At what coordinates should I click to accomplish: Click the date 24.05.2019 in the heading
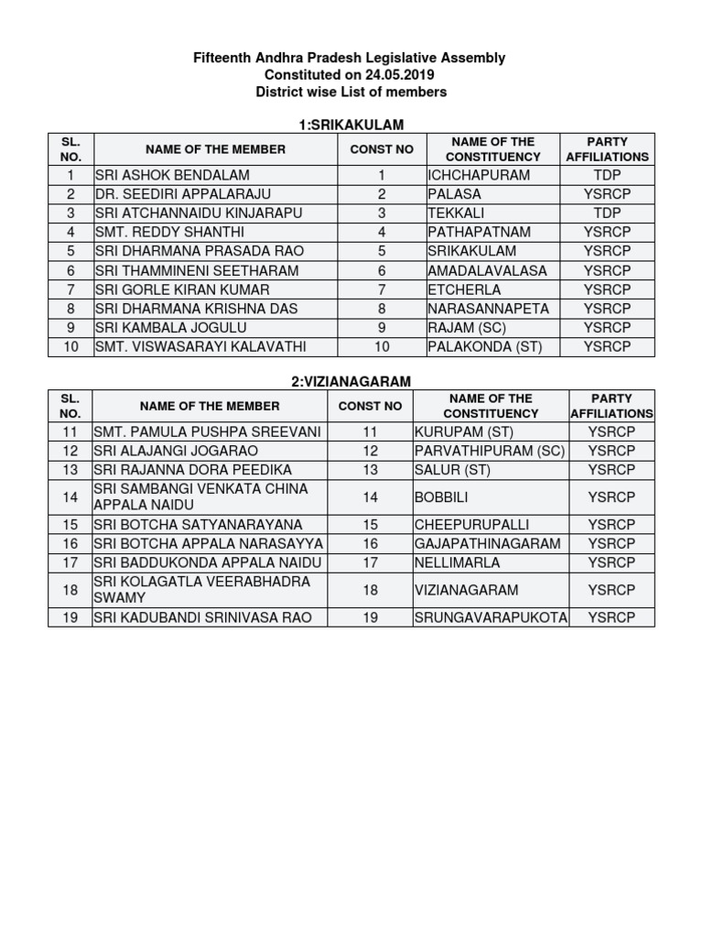tap(395, 75)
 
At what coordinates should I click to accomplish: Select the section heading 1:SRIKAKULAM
tap(351, 125)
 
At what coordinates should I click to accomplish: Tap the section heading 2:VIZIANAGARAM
tap(351, 380)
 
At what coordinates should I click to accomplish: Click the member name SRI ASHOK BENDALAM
tap(172, 175)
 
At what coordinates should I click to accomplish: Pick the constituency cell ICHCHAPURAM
tap(479, 175)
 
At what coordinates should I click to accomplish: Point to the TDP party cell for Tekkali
tap(608, 213)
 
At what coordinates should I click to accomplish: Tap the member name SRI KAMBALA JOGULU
tap(171, 327)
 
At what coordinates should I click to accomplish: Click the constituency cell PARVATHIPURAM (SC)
tap(490, 451)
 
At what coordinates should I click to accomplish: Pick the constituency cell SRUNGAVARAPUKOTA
tap(491, 617)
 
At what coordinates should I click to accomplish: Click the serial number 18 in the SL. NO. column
tap(70, 590)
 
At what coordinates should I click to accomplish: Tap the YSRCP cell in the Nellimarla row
tap(611, 562)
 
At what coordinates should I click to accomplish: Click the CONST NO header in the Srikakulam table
tap(382, 149)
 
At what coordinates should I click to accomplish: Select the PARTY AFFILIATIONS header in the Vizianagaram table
tap(611, 406)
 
